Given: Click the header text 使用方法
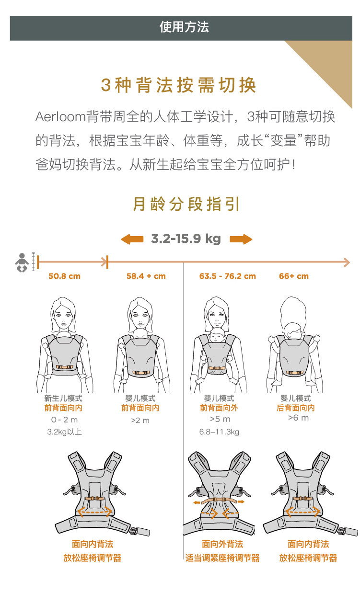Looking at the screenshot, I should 184,27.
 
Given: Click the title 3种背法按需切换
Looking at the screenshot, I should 178,85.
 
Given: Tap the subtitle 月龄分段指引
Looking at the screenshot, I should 186,204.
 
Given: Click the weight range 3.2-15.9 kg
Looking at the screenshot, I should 186,239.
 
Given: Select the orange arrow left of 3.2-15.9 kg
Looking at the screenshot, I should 132,239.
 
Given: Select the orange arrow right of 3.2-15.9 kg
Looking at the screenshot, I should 241,239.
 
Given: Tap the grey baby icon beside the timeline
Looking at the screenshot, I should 22,262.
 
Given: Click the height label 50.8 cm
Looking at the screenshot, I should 64,276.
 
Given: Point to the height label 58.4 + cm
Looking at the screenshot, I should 146,276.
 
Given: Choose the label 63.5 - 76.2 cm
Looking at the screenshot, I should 227,276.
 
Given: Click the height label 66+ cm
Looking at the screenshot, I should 294,276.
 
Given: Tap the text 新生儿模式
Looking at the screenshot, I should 63,398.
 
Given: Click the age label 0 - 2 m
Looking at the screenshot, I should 64,420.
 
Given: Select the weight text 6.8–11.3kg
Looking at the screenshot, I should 219,432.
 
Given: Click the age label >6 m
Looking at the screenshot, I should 298,418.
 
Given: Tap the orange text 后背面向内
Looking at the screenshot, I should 296,408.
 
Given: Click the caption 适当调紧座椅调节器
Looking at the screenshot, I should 222,558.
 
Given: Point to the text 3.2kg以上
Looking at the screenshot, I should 64,432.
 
